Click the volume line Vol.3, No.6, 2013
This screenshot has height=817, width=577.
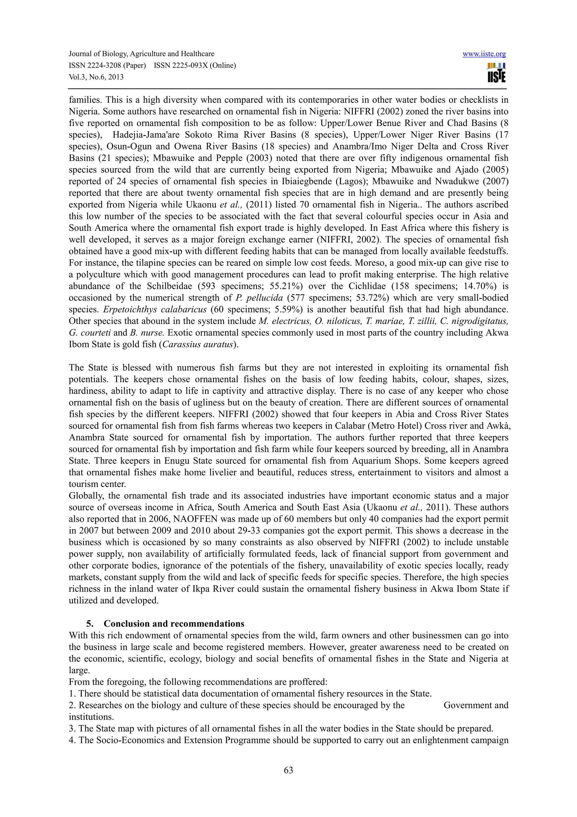(96, 77)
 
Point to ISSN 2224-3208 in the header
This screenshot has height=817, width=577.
(107, 65)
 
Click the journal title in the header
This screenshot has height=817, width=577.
(141, 54)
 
